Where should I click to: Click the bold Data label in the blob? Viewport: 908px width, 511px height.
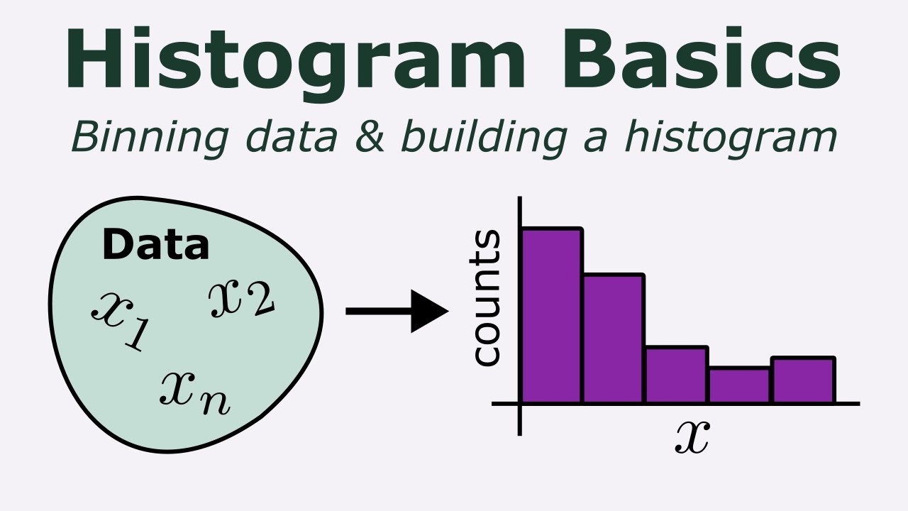[156, 245]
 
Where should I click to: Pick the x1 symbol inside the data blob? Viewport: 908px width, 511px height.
[118, 320]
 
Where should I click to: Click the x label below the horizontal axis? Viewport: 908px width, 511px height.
[692, 436]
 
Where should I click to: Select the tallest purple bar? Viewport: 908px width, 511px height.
[553, 316]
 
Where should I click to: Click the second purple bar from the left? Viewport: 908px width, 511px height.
[614, 339]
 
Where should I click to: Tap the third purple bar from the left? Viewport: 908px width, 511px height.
[676, 375]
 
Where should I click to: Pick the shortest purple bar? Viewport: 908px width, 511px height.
[739, 385]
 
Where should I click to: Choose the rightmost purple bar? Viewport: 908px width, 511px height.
[803, 380]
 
